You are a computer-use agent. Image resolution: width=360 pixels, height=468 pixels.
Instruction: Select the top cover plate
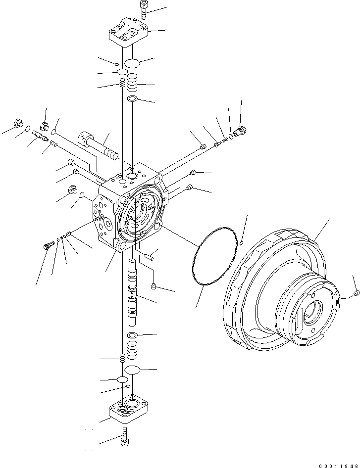[128, 33]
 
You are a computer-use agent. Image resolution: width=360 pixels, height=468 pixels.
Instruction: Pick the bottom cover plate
[129, 410]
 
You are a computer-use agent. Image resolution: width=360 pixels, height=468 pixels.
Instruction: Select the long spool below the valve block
[132, 292]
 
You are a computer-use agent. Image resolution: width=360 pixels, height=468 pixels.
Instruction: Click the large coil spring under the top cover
[132, 83]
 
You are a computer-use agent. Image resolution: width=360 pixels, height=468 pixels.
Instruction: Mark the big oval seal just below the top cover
[132, 63]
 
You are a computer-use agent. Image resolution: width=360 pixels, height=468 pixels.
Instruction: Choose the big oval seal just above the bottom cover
[133, 371]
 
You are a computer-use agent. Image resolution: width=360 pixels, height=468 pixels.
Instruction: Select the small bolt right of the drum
[357, 295]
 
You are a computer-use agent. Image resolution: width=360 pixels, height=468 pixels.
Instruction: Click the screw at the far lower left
[49, 245]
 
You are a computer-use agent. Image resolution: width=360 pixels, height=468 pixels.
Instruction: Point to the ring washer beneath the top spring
[132, 99]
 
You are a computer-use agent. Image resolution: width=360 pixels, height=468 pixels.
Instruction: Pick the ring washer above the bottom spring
[133, 336]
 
